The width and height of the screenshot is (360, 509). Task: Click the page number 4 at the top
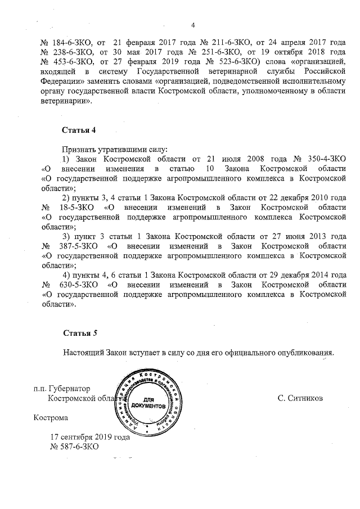(x=193, y=25)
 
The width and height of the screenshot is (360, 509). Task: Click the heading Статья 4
(x=79, y=130)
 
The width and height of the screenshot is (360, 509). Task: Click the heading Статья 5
(x=80, y=334)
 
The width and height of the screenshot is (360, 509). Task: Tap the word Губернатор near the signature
(x=70, y=388)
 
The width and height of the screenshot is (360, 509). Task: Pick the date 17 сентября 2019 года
(x=90, y=436)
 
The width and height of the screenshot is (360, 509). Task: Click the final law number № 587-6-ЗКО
(x=75, y=447)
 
